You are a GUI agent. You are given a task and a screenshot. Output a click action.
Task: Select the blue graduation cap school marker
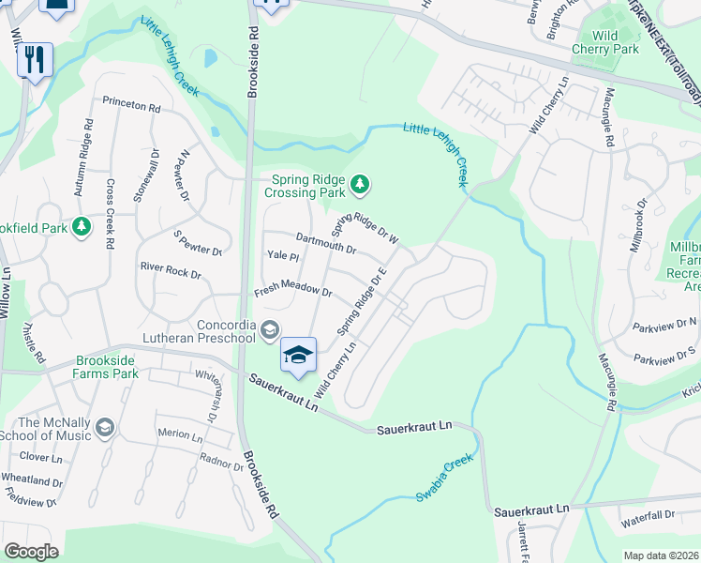pyautogui.click(x=298, y=355)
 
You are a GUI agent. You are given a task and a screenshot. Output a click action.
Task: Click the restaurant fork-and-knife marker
pyautogui.click(x=35, y=60)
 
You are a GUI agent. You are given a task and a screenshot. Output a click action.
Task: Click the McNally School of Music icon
pyautogui.click(x=104, y=428)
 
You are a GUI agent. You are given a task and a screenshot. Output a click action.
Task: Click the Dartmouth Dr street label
pyautogui.click(x=325, y=242)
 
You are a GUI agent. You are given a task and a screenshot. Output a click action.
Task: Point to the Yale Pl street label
pyautogui.click(x=282, y=255)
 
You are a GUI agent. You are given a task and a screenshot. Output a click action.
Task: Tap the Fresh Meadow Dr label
pyautogui.click(x=293, y=292)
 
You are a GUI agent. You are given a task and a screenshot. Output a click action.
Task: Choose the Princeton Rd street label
pyautogui.click(x=131, y=105)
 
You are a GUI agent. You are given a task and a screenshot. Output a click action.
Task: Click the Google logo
pyautogui.click(x=30, y=552)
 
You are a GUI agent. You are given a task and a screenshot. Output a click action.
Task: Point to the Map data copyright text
pyautogui.click(x=660, y=555)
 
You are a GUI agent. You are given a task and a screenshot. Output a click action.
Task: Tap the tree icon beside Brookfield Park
pyautogui.click(x=83, y=226)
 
